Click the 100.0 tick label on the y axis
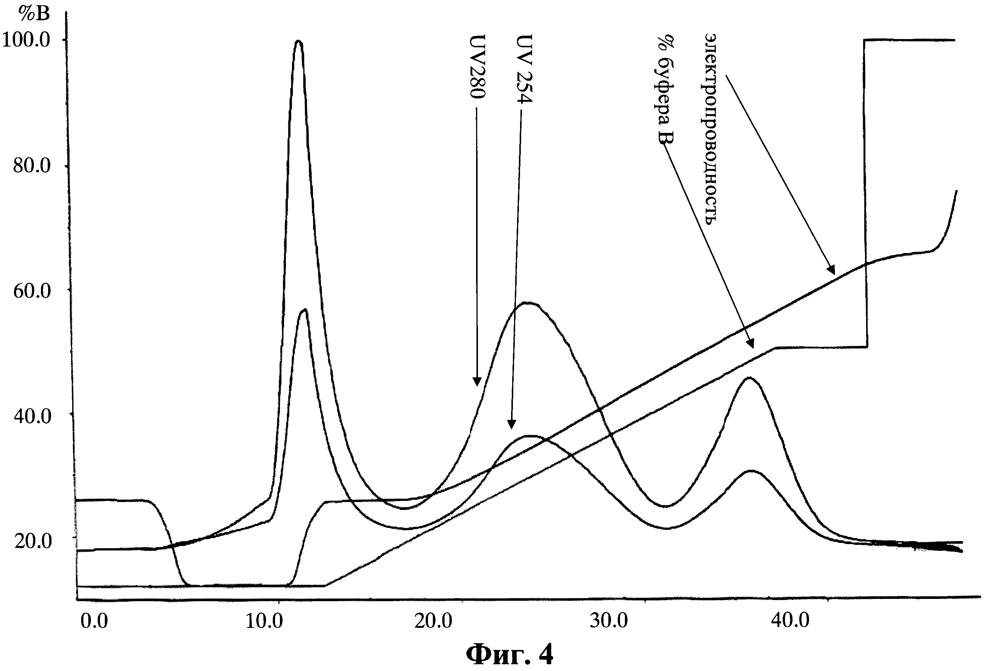(x=26, y=40)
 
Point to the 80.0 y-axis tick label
(x=32, y=166)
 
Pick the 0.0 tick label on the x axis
(x=94, y=621)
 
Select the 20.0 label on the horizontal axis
(x=434, y=621)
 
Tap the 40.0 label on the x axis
(x=790, y=621)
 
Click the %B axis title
(x=34, y=14)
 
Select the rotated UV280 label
(x=478, y=66)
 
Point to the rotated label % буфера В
(x=666, y=90)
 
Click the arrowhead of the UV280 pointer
(x=477, y=384)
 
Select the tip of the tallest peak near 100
(x=299, y=41)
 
